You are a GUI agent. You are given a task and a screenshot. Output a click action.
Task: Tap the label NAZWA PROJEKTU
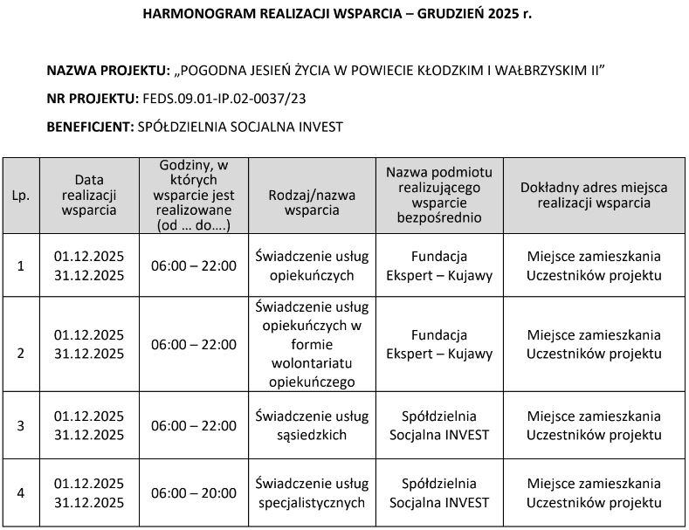point(107,69)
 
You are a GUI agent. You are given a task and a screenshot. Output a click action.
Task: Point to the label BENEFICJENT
point(90,126)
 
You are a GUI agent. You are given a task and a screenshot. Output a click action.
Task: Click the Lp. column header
point(21,196)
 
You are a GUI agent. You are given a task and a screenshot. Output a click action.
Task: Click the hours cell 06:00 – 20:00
point(193,493)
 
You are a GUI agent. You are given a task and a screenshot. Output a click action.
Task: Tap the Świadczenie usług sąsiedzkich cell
point(312,425)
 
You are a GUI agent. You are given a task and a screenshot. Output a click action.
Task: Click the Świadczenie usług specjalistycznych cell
point(312,493)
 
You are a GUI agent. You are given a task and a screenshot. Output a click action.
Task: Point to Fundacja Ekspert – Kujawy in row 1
point(438,265)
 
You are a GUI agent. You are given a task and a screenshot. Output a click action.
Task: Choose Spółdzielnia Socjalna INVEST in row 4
point(438,493)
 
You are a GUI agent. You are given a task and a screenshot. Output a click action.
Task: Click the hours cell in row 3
point(193,425)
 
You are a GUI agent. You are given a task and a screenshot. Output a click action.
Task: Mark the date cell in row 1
point(89,265)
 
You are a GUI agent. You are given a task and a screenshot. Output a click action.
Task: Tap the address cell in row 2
point(594,344)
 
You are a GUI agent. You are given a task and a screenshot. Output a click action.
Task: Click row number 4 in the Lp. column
point(21,493)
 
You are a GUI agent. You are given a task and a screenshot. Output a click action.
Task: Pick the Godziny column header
point(193,195)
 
